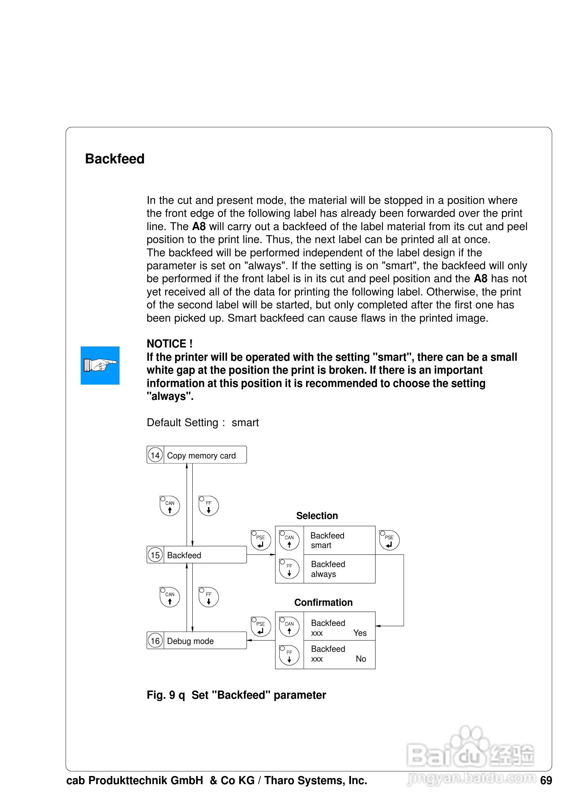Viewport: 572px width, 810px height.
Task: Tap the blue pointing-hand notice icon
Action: tap(100, 365)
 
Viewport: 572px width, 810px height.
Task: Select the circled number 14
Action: tap(155, 455)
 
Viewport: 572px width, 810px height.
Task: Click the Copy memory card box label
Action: tap(201, 455)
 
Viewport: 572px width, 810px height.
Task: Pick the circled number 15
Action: tap(155, 555)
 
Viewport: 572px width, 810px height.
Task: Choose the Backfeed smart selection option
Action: tap(327, 540)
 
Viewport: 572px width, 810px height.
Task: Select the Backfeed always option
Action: tap(328, 569)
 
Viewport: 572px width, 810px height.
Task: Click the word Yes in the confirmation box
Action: tap(360, 633)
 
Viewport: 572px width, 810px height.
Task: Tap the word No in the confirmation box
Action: tap(361, 659)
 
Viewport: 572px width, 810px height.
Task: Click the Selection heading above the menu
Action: tap(317, 516)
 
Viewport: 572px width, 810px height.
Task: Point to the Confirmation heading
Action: tap(323, 602)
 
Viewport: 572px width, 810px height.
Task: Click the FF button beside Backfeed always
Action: tap(289, 569)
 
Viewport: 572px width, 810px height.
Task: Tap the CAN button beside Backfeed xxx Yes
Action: tap(289, 626)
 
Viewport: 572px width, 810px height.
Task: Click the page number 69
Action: tap(546, 780)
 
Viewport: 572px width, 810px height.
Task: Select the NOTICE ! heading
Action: tap(169, 344)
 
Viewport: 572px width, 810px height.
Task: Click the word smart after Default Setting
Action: tap(245, 422)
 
